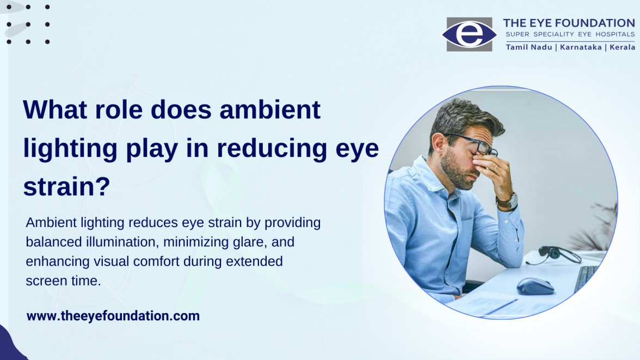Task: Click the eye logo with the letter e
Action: (469, 34)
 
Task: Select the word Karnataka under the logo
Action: (581, 47)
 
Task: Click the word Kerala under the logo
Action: (623, 47)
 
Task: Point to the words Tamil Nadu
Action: (529, 47)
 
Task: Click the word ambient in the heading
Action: (270, 109)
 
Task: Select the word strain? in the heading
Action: (66, 186)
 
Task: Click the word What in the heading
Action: (55, 109)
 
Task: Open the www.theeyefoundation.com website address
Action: (113, 316)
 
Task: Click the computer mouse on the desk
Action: (535, 285)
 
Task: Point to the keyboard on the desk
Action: (587, 277)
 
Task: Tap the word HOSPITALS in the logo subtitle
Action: (615, 34)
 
